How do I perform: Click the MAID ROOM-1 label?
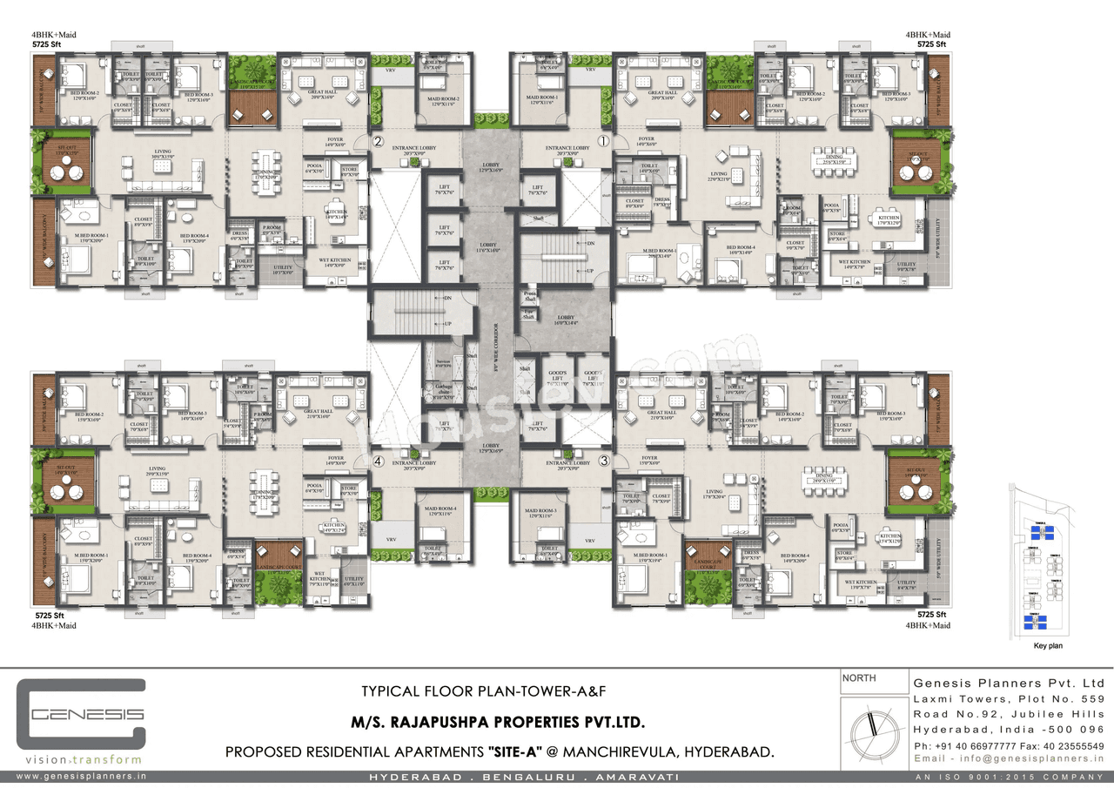[541, 100]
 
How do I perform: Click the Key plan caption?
[1047, 646]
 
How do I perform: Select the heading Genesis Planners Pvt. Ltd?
[1008, 683]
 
